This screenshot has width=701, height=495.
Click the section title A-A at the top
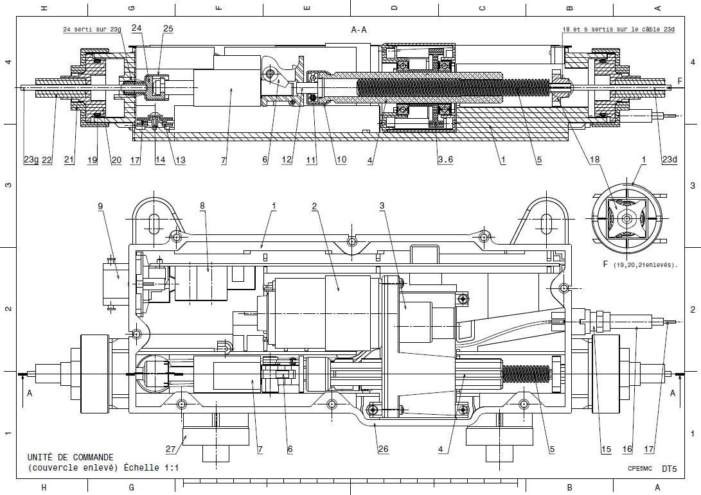(x=359, y=30)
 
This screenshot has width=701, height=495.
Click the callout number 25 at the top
(x=168, y=29)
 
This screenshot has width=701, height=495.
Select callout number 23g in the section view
(x=31, y=161)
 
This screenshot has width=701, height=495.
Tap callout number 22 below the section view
(x=47, y=161)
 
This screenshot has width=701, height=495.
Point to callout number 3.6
(x=445, y=159)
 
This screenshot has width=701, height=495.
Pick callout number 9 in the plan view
(x=101, y=206)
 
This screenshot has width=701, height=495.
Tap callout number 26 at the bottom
(x=383, y=449)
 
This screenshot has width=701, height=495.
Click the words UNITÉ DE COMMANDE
(x=70, y=457)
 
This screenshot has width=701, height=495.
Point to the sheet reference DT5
(x=669, y=469)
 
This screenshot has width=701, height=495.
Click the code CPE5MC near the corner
(x=641, y=469)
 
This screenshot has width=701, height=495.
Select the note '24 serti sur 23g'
(x=92, y=30)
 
